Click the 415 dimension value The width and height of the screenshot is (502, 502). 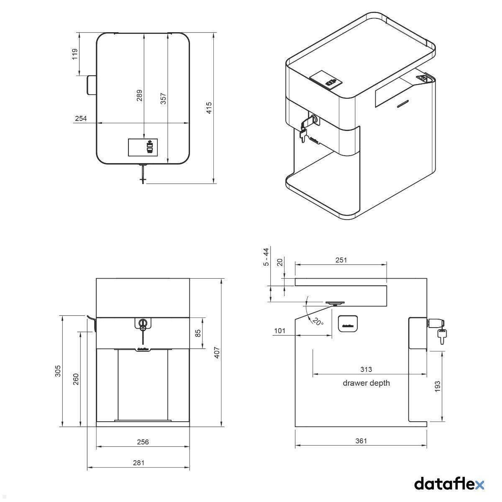click(x=209, y=107)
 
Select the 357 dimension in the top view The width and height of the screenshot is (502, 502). click(x=164, y=99)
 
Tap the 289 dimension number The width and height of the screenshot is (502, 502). click(x=139, y=95)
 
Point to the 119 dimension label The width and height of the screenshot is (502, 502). click(x=75, y=54)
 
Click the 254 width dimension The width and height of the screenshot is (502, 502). click(x=81, y=118)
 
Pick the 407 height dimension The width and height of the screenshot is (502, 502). click(x=217, y=353)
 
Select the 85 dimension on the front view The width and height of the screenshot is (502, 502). click(x=198, y=333)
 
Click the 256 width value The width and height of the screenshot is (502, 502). click(x=143, y=442)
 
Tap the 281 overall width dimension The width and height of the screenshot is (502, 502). click(x=138, y=463)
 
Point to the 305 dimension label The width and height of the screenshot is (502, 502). click(x=58, y=371)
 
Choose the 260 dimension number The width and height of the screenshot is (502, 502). click(x=76, y=379)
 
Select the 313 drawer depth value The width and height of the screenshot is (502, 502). click(x=366, y=369)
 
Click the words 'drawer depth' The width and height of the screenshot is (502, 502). click(x=366, y=383)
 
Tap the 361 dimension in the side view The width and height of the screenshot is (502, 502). click(x=361, y=441)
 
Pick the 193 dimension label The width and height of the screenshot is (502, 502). click(x=438, y=386)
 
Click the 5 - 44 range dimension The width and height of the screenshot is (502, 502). click(x=266, y=257)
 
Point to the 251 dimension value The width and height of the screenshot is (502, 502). click(x=341, y=260)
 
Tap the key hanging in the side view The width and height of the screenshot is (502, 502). click(x=442, y=336)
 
